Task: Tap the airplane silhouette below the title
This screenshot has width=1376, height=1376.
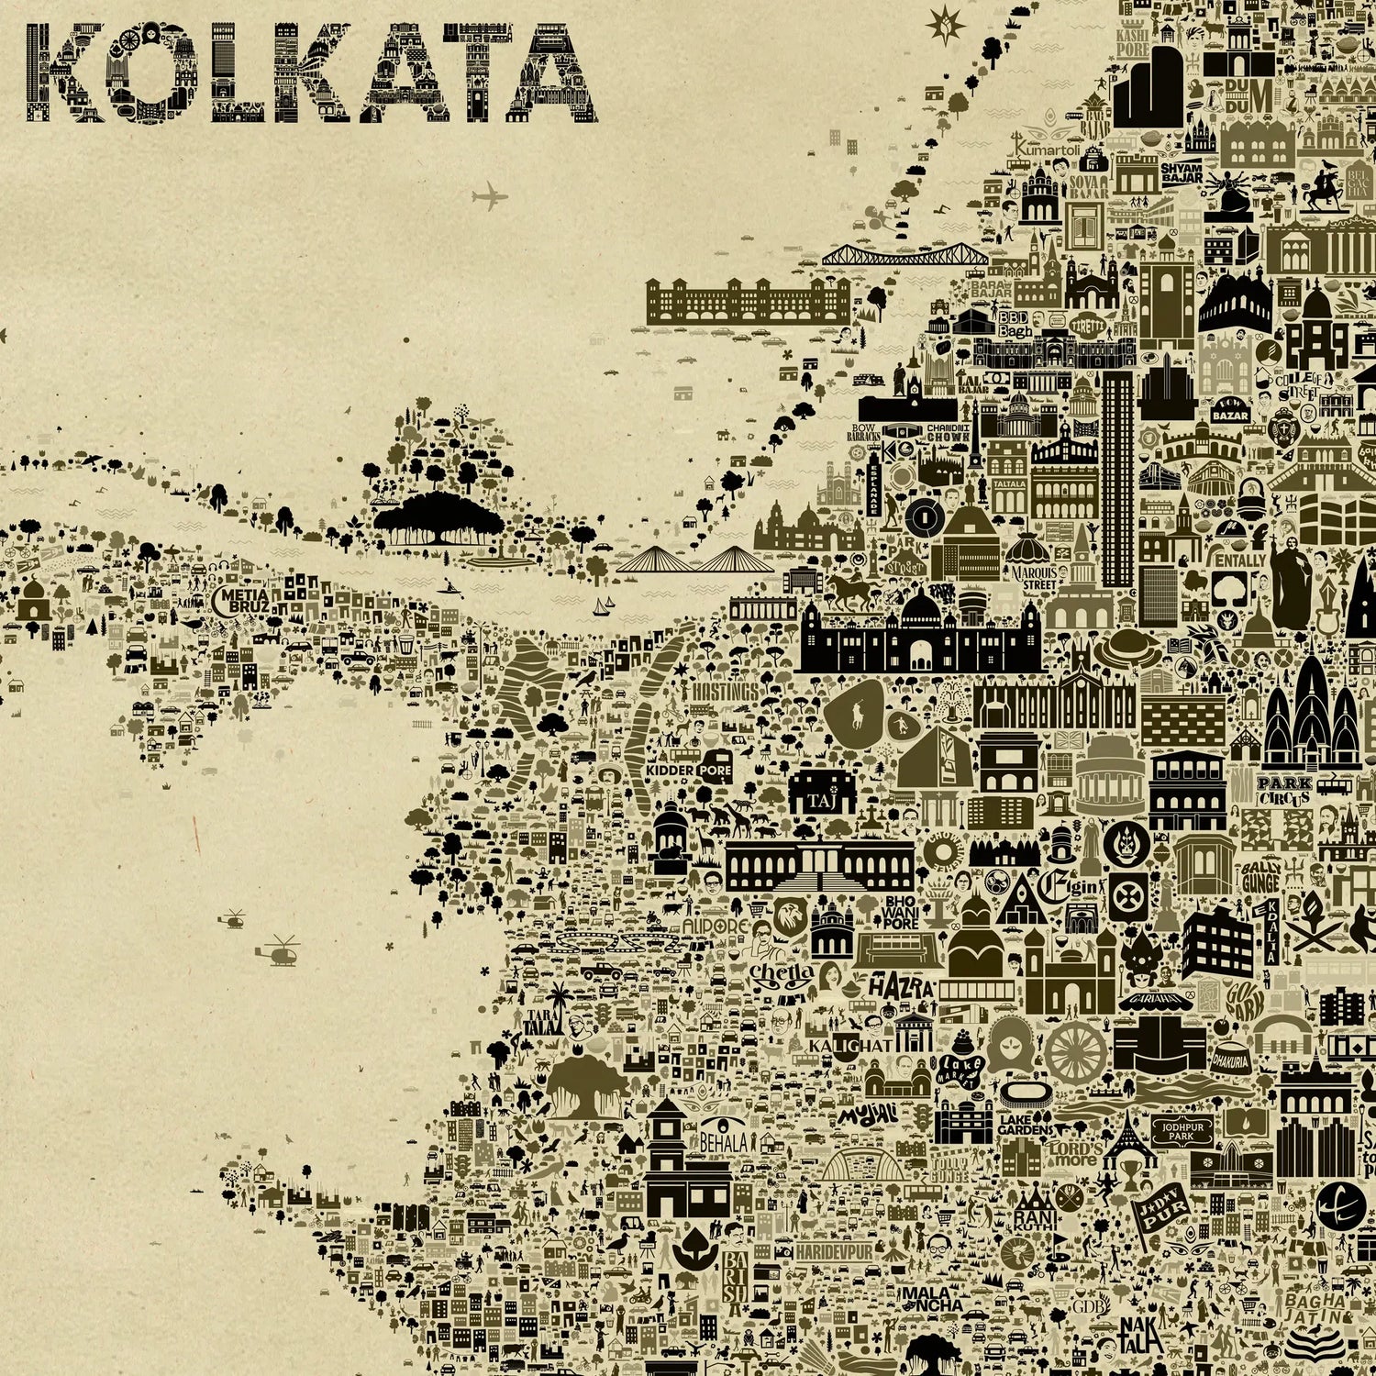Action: click(x=490, y=196)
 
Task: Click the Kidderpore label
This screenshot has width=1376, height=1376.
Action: click(x=689, y=770)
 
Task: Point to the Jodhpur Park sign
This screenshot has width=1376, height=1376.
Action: click(x=1175, y=1129)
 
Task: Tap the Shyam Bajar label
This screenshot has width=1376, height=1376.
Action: click(x=1182, y=173)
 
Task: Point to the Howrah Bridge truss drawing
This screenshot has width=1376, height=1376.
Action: click(x=904, y=256)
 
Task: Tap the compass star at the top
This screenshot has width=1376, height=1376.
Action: click(x=941, y=24)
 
